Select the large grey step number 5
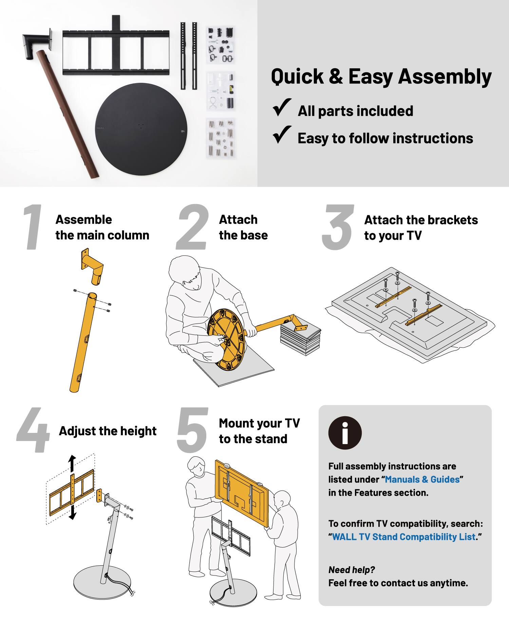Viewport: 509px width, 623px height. (x=192, y=430)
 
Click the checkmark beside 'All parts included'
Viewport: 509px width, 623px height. (x=282, y=108)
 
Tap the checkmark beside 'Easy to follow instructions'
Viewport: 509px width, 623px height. (x=282, y=135)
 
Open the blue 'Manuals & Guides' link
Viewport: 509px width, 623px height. (x=422, y=479)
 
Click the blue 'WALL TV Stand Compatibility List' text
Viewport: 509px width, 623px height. (x=404, y=537)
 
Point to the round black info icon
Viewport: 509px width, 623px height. (x=345, y=433)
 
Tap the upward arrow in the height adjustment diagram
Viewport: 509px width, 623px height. (x=72, y=463)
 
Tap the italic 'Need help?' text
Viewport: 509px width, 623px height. (x=352, y=570)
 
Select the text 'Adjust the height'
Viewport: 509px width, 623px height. (x=108, y=431)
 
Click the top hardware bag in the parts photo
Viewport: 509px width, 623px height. (x=221, y=45)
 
